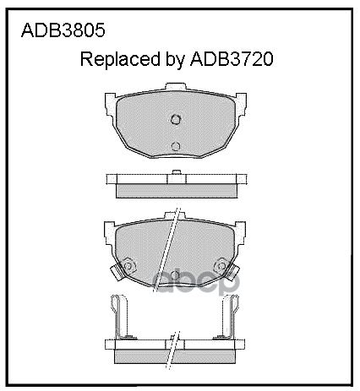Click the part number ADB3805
[52, 34]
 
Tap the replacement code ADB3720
[236, 61]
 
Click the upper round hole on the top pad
[175, 119]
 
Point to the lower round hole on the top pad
[175, 146]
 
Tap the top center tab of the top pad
[175, 88]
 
